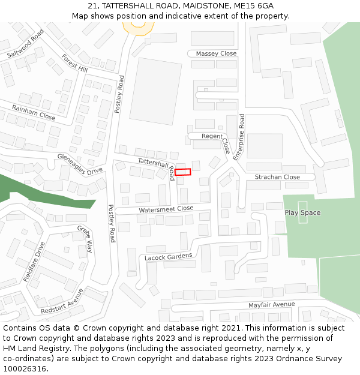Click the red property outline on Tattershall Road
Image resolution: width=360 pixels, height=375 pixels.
click(183, 172)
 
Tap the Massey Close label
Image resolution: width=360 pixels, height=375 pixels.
click(216, 53)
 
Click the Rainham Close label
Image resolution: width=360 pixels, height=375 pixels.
click(34, 113)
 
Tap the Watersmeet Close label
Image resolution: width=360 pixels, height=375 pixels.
click(166, 209)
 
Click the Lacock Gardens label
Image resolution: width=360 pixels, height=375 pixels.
click(169, 257)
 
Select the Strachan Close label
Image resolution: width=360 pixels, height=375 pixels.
click(277, 177)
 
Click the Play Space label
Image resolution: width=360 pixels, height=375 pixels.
click(302, 213)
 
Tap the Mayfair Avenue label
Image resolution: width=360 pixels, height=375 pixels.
click(272, 305)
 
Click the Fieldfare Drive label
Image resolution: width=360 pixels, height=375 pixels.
click(34, 262)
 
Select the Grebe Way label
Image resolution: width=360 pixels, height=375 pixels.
click(85, 239)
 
